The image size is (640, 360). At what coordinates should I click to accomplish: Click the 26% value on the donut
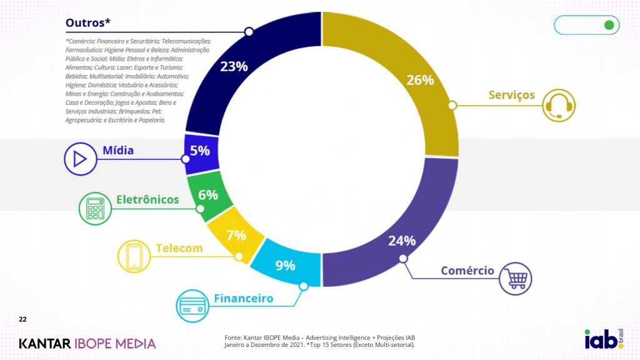coord(420,80)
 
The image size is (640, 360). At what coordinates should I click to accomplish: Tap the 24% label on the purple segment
coord(402,241)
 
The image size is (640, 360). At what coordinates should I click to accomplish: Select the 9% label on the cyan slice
coord(285,266)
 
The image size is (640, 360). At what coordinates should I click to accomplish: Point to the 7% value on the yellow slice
coord(236,236)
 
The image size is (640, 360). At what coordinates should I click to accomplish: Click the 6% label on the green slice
coord(208,195)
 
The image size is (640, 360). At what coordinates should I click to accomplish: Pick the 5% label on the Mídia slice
coord(200,151)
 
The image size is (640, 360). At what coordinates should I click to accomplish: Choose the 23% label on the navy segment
coord(234,66)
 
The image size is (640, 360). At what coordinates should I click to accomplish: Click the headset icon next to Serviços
coord(558,105)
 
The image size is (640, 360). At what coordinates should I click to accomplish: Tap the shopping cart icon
coord(516,278)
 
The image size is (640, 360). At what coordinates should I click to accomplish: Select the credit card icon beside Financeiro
coord(192,306)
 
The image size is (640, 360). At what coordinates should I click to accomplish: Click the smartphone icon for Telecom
coord(134,255)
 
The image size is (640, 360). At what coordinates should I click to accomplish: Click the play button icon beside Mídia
coord(79,159)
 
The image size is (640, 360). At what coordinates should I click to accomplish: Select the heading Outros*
coord(88,23)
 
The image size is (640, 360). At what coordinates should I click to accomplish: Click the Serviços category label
coord(511,95)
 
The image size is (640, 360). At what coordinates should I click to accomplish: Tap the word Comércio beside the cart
coord(467,271)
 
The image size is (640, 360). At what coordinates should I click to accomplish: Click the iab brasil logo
coord(602,339)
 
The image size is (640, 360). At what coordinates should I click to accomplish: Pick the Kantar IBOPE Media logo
coord(87,343)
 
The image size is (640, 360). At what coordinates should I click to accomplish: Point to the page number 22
coord(22,319)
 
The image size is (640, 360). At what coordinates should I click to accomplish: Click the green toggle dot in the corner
coord(608,25)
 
